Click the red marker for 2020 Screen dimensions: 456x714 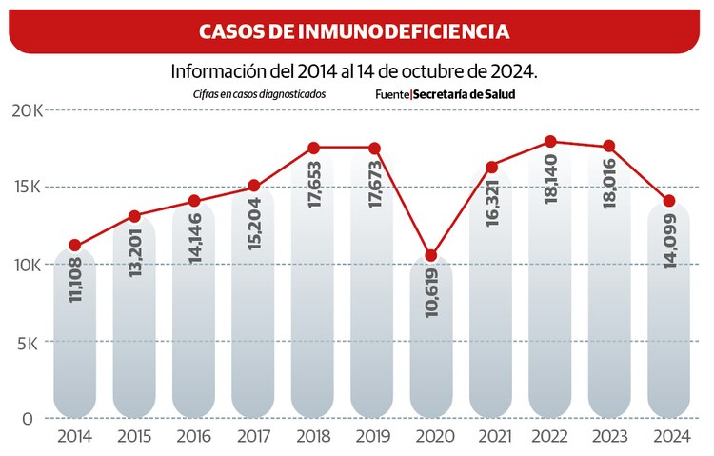[431, 255]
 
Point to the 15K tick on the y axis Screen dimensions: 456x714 [25, 188]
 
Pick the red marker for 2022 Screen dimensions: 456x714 [550, 142]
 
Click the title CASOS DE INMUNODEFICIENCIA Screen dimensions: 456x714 [353, 31]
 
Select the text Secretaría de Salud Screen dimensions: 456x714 [464, 95]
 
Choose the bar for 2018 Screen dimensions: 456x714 [313, 286]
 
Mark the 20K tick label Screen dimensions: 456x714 [25, 110]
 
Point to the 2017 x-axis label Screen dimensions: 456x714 [254, 437]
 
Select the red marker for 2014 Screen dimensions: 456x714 [75, 246]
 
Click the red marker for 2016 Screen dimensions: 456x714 [194, 201]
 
